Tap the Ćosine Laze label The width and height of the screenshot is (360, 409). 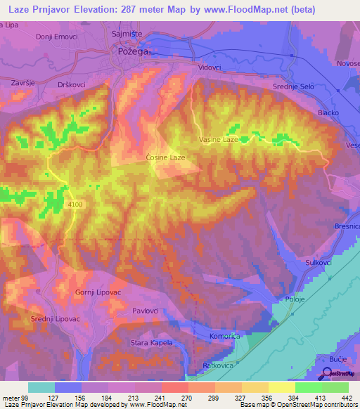coord(165,157)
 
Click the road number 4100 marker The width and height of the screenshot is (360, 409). coord(76,204)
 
